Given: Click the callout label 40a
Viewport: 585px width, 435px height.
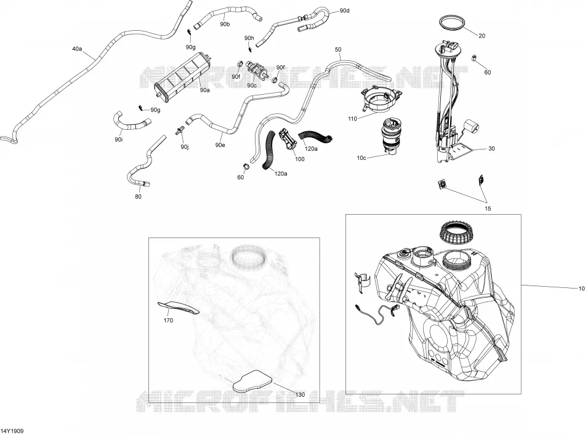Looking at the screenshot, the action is (x=77, y=49).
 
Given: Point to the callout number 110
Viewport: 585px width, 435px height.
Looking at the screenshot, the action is (x=352, y=119).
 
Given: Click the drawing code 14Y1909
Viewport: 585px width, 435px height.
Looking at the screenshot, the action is (x=12, y=431).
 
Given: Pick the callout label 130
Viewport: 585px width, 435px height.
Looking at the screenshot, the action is (x=300, y=395).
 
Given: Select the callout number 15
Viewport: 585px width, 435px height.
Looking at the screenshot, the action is (x=488, y=209).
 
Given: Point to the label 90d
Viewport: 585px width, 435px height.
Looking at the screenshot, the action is (x=345, y=10).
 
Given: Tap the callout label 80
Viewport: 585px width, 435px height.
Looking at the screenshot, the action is (x=138, y=196).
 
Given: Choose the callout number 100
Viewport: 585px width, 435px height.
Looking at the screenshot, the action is (x=300, y=159).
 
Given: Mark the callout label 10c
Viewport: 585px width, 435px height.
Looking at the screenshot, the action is (x=361, y=158).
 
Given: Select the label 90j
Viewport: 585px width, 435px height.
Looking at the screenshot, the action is (x=185, y=147).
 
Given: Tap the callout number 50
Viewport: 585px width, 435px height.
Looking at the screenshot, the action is (x=338, y=49).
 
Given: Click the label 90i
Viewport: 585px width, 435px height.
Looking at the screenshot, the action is (x=119, y=140).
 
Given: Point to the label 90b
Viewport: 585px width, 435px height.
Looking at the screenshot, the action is (x=225, y=24).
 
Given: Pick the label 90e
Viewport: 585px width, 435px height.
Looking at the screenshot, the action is (x=220, y=145).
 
